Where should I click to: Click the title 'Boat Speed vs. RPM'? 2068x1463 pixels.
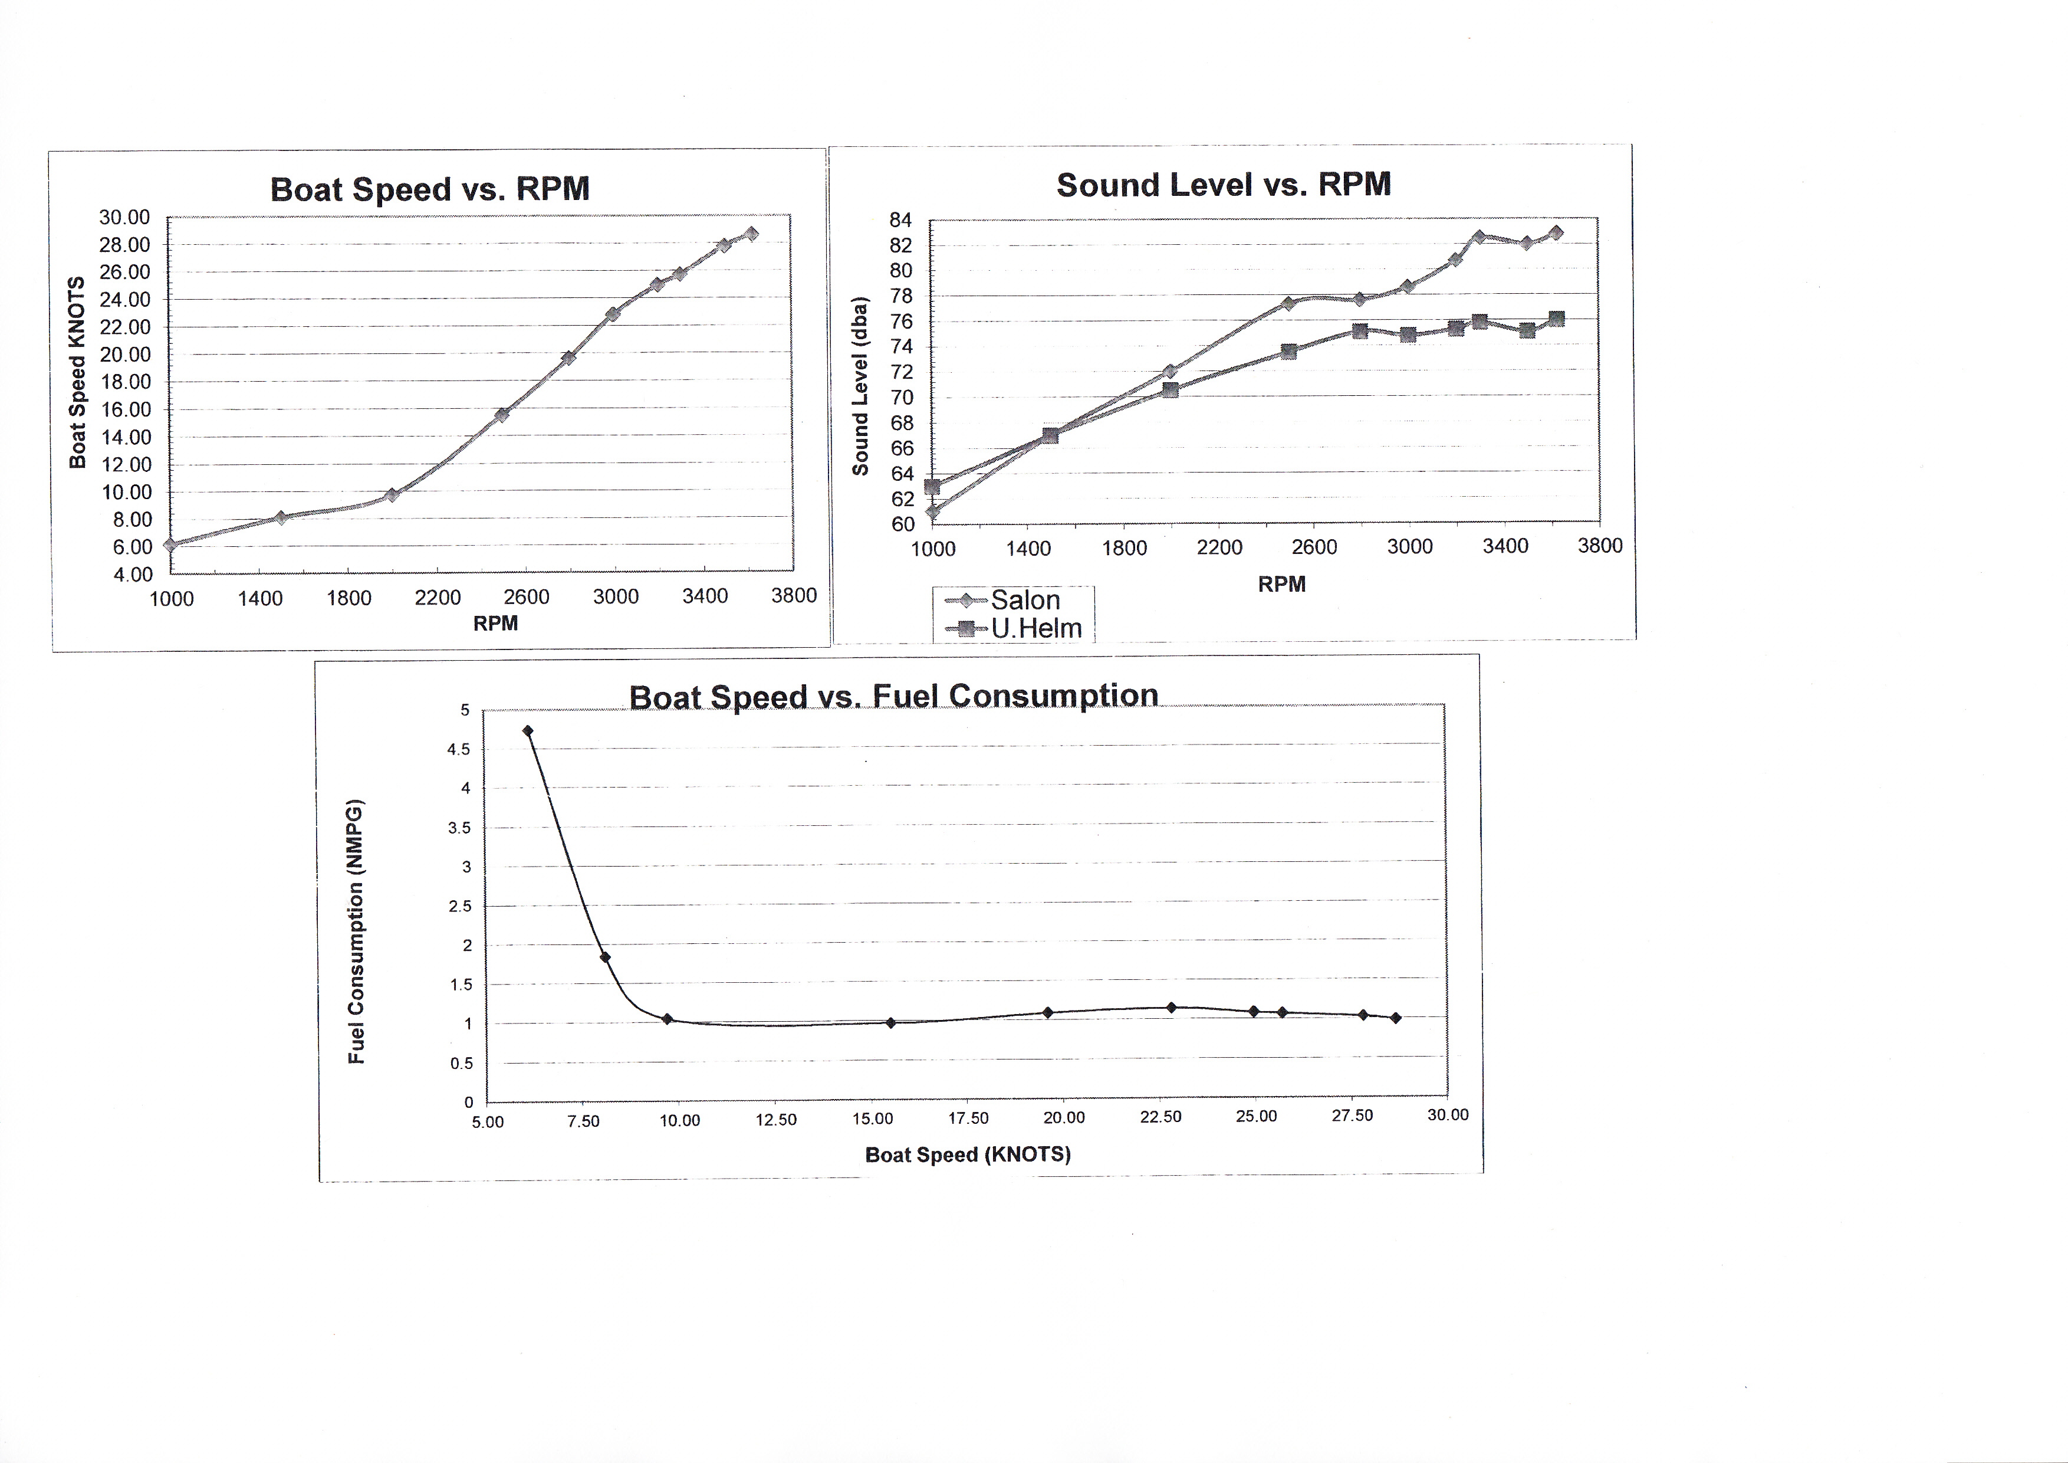pyautogui.click(x=430, y=189)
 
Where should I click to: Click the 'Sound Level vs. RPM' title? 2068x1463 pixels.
pyautogui.click(x=1223, y=185)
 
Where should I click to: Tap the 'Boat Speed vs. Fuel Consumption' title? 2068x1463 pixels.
pyautogui.click(x=893, y=696)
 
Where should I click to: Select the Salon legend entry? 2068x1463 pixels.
pyautogui.click(x=1025, y=600)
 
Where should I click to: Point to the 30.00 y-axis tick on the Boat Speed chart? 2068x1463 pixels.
pyautogui.click(x=124, y=217)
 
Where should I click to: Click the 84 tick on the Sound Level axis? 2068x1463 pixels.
pyautogui.click(x=900, y=220)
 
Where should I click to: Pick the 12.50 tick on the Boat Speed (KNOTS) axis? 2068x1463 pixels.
pyautogui.click(x=775, y=1120)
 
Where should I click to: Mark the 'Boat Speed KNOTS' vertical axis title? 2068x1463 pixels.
pyautogui.click(x=77, y=372)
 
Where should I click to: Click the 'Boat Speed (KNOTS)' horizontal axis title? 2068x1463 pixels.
pyautogui.click(x=967, y=1154)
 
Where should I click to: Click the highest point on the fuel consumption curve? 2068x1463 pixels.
pyautogui.click(x=528, y=730)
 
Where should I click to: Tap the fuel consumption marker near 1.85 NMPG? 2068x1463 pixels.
pyautogui.click(x=605, y=957)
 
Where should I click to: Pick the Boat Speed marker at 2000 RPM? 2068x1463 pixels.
pyautogui.click(x=392, y=494)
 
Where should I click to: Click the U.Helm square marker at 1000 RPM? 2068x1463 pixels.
pyautogui.click(x=932, y=487)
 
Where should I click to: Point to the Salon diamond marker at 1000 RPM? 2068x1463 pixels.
pyautogui.click(x=932, y=511)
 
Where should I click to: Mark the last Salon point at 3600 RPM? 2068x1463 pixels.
pyautogui.click(x=1556, y=232)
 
